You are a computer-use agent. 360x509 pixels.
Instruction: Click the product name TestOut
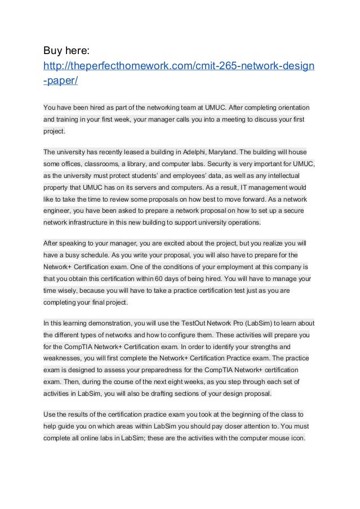(x=195, y=323)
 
